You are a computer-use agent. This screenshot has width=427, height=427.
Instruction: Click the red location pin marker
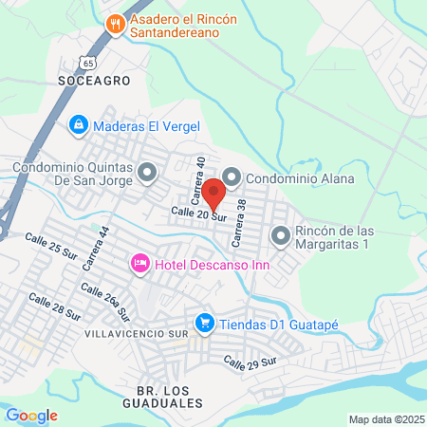[213, 194]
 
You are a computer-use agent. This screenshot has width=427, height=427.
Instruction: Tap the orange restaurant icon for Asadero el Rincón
[116, 24]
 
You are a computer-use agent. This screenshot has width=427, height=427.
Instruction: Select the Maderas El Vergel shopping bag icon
[79, 125]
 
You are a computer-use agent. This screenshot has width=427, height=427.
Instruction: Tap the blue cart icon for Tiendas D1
[203, 325]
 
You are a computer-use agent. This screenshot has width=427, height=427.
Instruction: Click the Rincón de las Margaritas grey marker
[280, 235]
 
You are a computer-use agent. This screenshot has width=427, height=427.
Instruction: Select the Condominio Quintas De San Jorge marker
[147, 173]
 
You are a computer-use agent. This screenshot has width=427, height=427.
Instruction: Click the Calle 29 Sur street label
[249, 362]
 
